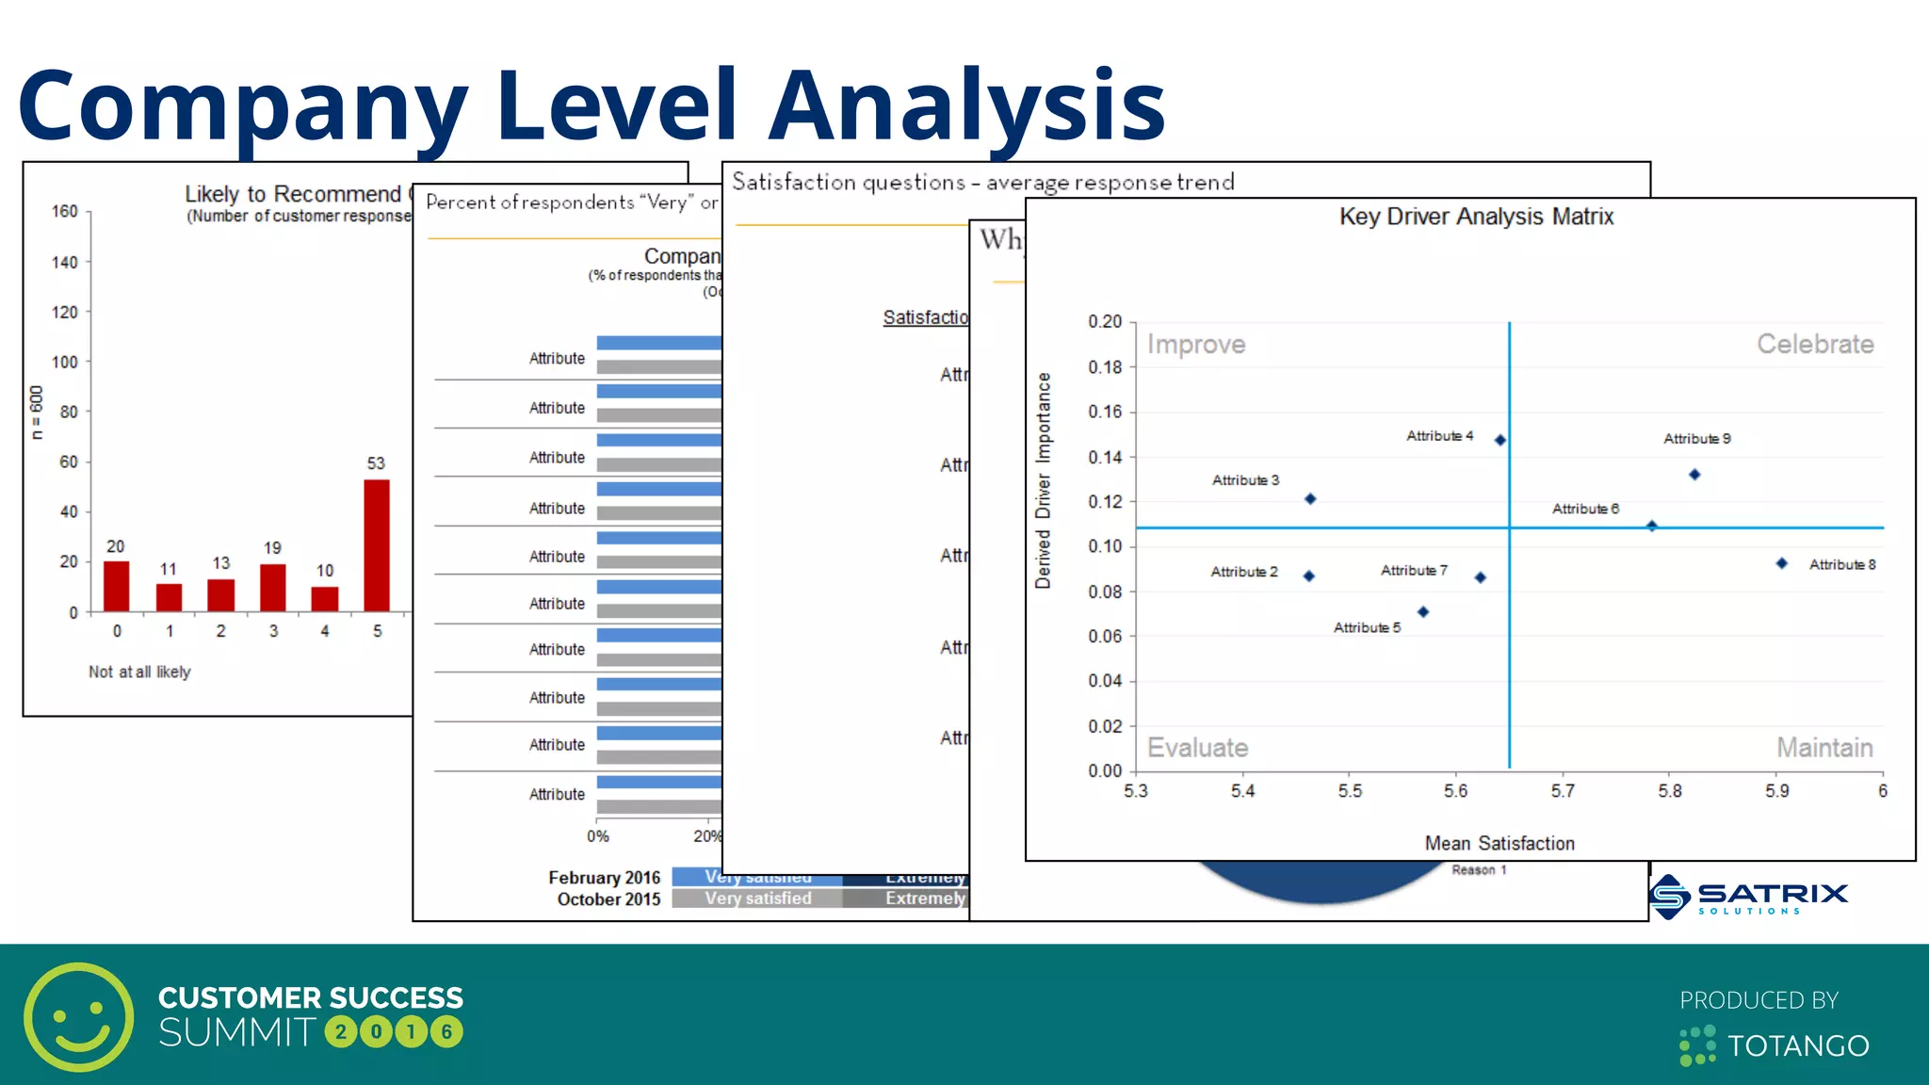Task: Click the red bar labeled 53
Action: pyautogui.click(x=377, y=545)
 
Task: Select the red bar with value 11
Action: pyautogui.click(x=170, y=597)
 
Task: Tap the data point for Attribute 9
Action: pyautogui.click(x=1694, y=475)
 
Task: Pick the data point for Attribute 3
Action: pyautogui.click(x=1310, y=499)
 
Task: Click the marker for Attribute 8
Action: pyautogui.click(x=1781, y=563)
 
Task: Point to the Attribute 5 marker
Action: pyautogui.click(x=1423, y=612)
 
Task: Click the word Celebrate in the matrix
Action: pyautogui.click(x=1815, y=345)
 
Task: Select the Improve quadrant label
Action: pyautogui.click(x=1196, y=345)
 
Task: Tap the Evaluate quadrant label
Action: pyautogui.click(x=1197, y=748)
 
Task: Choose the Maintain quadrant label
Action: pyautogui.click(x=1824, y=748)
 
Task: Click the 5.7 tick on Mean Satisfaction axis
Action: pyautogui.click(x=1563, y=791)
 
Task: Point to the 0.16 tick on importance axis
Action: pyautogui.click(x=1105, y=412)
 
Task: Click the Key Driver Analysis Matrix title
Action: pyautogui.click(x=1476, y=217)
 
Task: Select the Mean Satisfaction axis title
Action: pyautogui.click(x=1499, y=844)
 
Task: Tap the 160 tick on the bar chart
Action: pyautogui.click(x=65, y=212)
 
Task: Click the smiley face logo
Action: pyautogui.click(x=79, y=1017)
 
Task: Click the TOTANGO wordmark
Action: pyautogui.click(x=1798, y=1046)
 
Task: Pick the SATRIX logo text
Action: pyautogui.click(x=1773, y=893)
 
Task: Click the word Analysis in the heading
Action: pyautogui.click(x=966, y=105)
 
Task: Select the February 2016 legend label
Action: pyautogui.click(x=604, y=878)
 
